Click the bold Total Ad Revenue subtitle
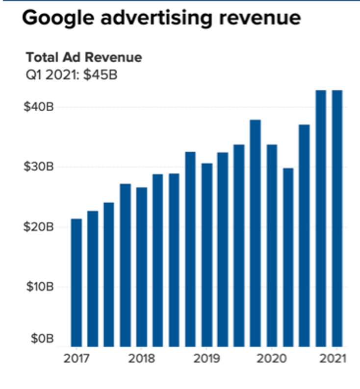[x=84, y=57]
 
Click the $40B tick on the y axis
[x=39, y=107]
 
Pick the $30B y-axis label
[x=39, y=167]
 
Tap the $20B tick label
[x=39, y=227]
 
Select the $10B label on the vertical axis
[x=39, y=287]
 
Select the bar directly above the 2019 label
[x=207, y=255]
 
